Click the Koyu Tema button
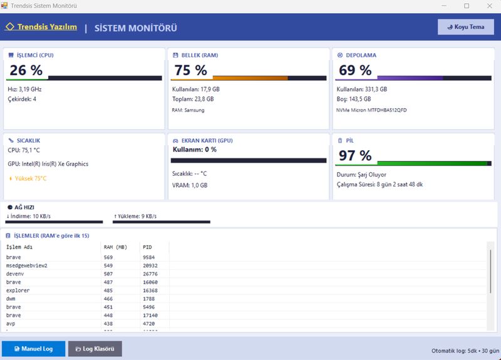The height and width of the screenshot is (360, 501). (465, 27)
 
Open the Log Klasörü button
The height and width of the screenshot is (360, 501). (95, 349)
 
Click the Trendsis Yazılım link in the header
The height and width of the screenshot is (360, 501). (41, 27)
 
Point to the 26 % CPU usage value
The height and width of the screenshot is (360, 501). (26, 70)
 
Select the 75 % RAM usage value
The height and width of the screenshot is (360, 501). (191, 70)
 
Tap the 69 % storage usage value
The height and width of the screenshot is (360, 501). (355, 70)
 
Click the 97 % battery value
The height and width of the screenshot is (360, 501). (355, 155)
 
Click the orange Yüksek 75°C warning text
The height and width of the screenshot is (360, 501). (28, 178)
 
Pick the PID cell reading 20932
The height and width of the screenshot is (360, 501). (150, 265)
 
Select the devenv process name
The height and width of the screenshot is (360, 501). (15, 274)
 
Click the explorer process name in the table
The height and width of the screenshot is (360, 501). (18, 291)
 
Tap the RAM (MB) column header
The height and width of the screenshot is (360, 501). (115, 247)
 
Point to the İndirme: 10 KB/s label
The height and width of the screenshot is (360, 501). (28, 216)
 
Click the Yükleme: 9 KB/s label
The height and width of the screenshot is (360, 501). (135, 216)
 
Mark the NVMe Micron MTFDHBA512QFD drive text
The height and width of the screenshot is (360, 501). (371, 110)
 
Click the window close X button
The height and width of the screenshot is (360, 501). (490, 6)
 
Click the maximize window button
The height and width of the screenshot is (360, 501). (467, 6)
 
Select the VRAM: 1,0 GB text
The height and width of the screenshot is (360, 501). (190, 185)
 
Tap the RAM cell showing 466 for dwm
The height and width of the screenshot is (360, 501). (108, 299)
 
